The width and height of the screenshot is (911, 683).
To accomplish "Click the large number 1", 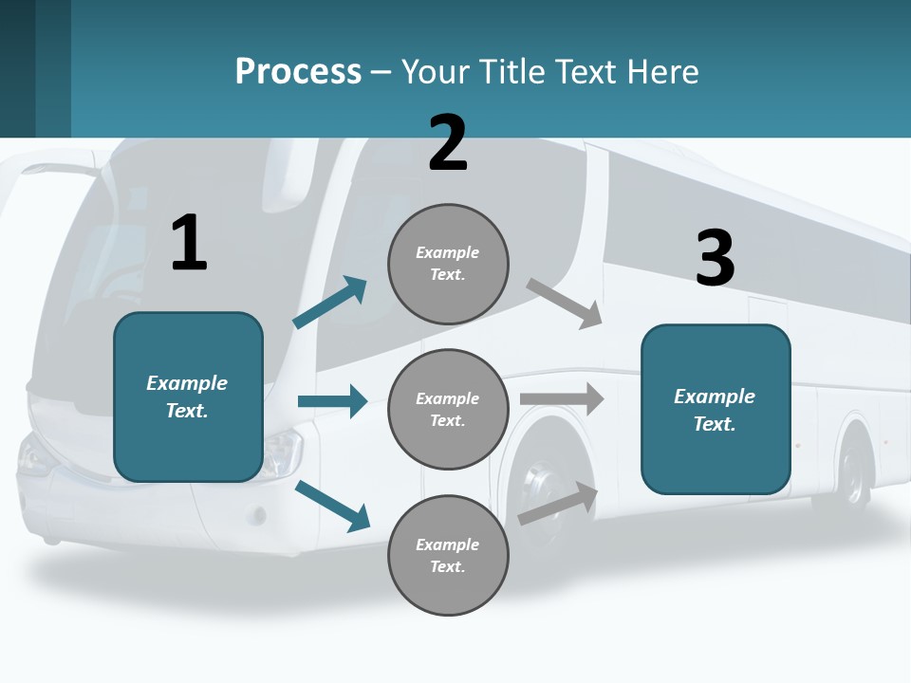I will pos(189,243).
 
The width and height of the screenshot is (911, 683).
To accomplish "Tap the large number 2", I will pos(448,143).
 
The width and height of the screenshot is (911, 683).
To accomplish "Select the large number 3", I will pos(716,259).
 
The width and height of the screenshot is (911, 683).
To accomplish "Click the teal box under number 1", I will pos(188,397).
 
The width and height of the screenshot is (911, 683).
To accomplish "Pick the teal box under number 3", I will pos(716,410).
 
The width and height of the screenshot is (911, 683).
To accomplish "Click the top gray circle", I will pos(448,264).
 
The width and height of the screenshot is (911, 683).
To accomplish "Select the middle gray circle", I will pos(448,410).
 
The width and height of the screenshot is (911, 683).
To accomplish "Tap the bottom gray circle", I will pos(448,556).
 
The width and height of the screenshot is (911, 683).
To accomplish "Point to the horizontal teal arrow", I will pos(333,401).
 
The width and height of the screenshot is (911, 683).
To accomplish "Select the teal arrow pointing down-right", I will pos(333,506).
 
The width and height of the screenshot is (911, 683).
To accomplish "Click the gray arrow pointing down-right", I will pos(566,303).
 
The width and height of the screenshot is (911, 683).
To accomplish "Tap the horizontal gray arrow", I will pos(562,398).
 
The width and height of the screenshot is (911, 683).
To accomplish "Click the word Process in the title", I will pos(298,71).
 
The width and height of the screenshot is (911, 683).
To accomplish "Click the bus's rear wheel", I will pos(850,474).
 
